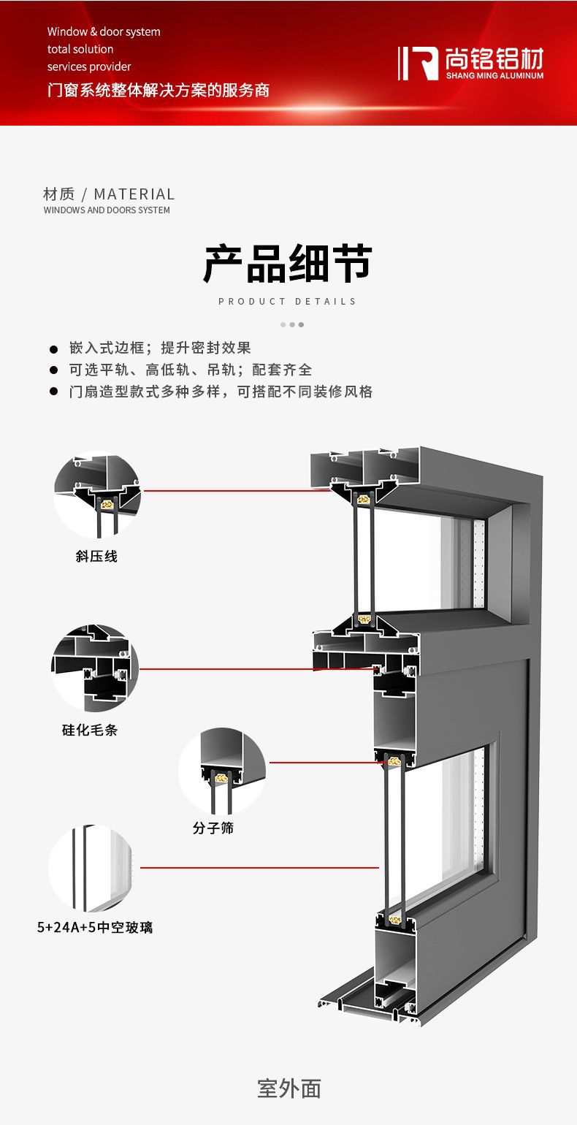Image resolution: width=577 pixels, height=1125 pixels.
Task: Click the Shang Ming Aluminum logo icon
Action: (x=418, y=64)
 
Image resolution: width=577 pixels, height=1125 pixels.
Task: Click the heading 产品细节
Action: (x=288, y=264)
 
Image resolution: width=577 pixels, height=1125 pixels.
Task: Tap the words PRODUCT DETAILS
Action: (x=288, y=301)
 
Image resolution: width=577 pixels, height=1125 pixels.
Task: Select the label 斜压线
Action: (x=96, y=557)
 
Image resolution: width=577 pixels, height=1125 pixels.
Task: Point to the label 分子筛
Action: (x=213, y=828)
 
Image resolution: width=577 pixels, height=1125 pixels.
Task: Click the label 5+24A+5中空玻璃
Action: (x=95, y=928)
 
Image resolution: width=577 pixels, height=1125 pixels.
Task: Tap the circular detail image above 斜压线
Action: (x=97, y=497)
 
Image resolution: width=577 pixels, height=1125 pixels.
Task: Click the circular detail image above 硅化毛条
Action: (x=94, y=668)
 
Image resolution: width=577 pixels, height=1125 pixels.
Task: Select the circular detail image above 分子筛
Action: (x=222, y=771)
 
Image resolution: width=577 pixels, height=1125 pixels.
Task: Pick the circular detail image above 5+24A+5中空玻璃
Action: (x=91, y=869)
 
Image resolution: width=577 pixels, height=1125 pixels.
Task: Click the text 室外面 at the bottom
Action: (x=289, y=1088)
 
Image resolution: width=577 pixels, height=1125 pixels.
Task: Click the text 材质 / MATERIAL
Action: (x=109, y=194)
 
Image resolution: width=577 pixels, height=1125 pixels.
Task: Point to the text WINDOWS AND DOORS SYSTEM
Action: (x=107, y=210)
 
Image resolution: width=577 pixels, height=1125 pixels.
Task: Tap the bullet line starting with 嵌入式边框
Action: (x=160, y=348)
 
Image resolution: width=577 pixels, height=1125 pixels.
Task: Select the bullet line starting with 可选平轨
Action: (x=191, y=370)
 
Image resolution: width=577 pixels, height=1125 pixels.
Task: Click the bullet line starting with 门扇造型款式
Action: (x=221, y=392)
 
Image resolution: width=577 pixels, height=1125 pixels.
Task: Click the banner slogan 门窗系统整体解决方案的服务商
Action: (x=158, y=90)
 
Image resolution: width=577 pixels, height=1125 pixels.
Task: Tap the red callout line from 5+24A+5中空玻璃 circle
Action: (x=259, y=868)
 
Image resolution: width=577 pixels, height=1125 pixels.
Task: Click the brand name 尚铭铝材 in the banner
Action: (x=494, y=57)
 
